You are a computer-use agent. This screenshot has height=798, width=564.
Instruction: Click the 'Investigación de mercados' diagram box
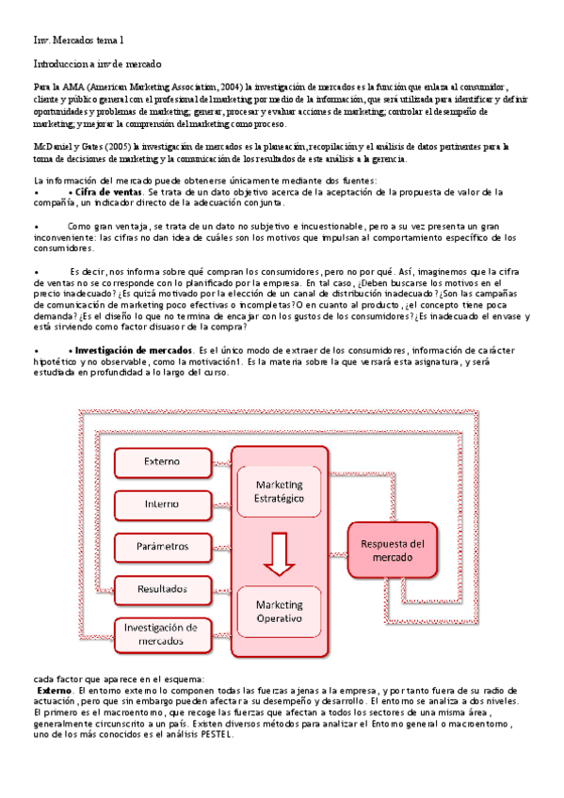pyautogui.click(x=162, y=633)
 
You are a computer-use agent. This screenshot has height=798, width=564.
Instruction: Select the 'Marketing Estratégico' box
pyautogui.click(x=280, y=490)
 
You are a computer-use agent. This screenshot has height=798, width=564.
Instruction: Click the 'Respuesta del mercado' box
pyautogui.click(x=394, y=551)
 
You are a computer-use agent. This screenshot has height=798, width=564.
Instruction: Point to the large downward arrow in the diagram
pyautogui.click(x=280, y=553)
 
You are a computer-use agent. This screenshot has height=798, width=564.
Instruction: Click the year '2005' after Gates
pyautogui.click(x=115, y=147)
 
